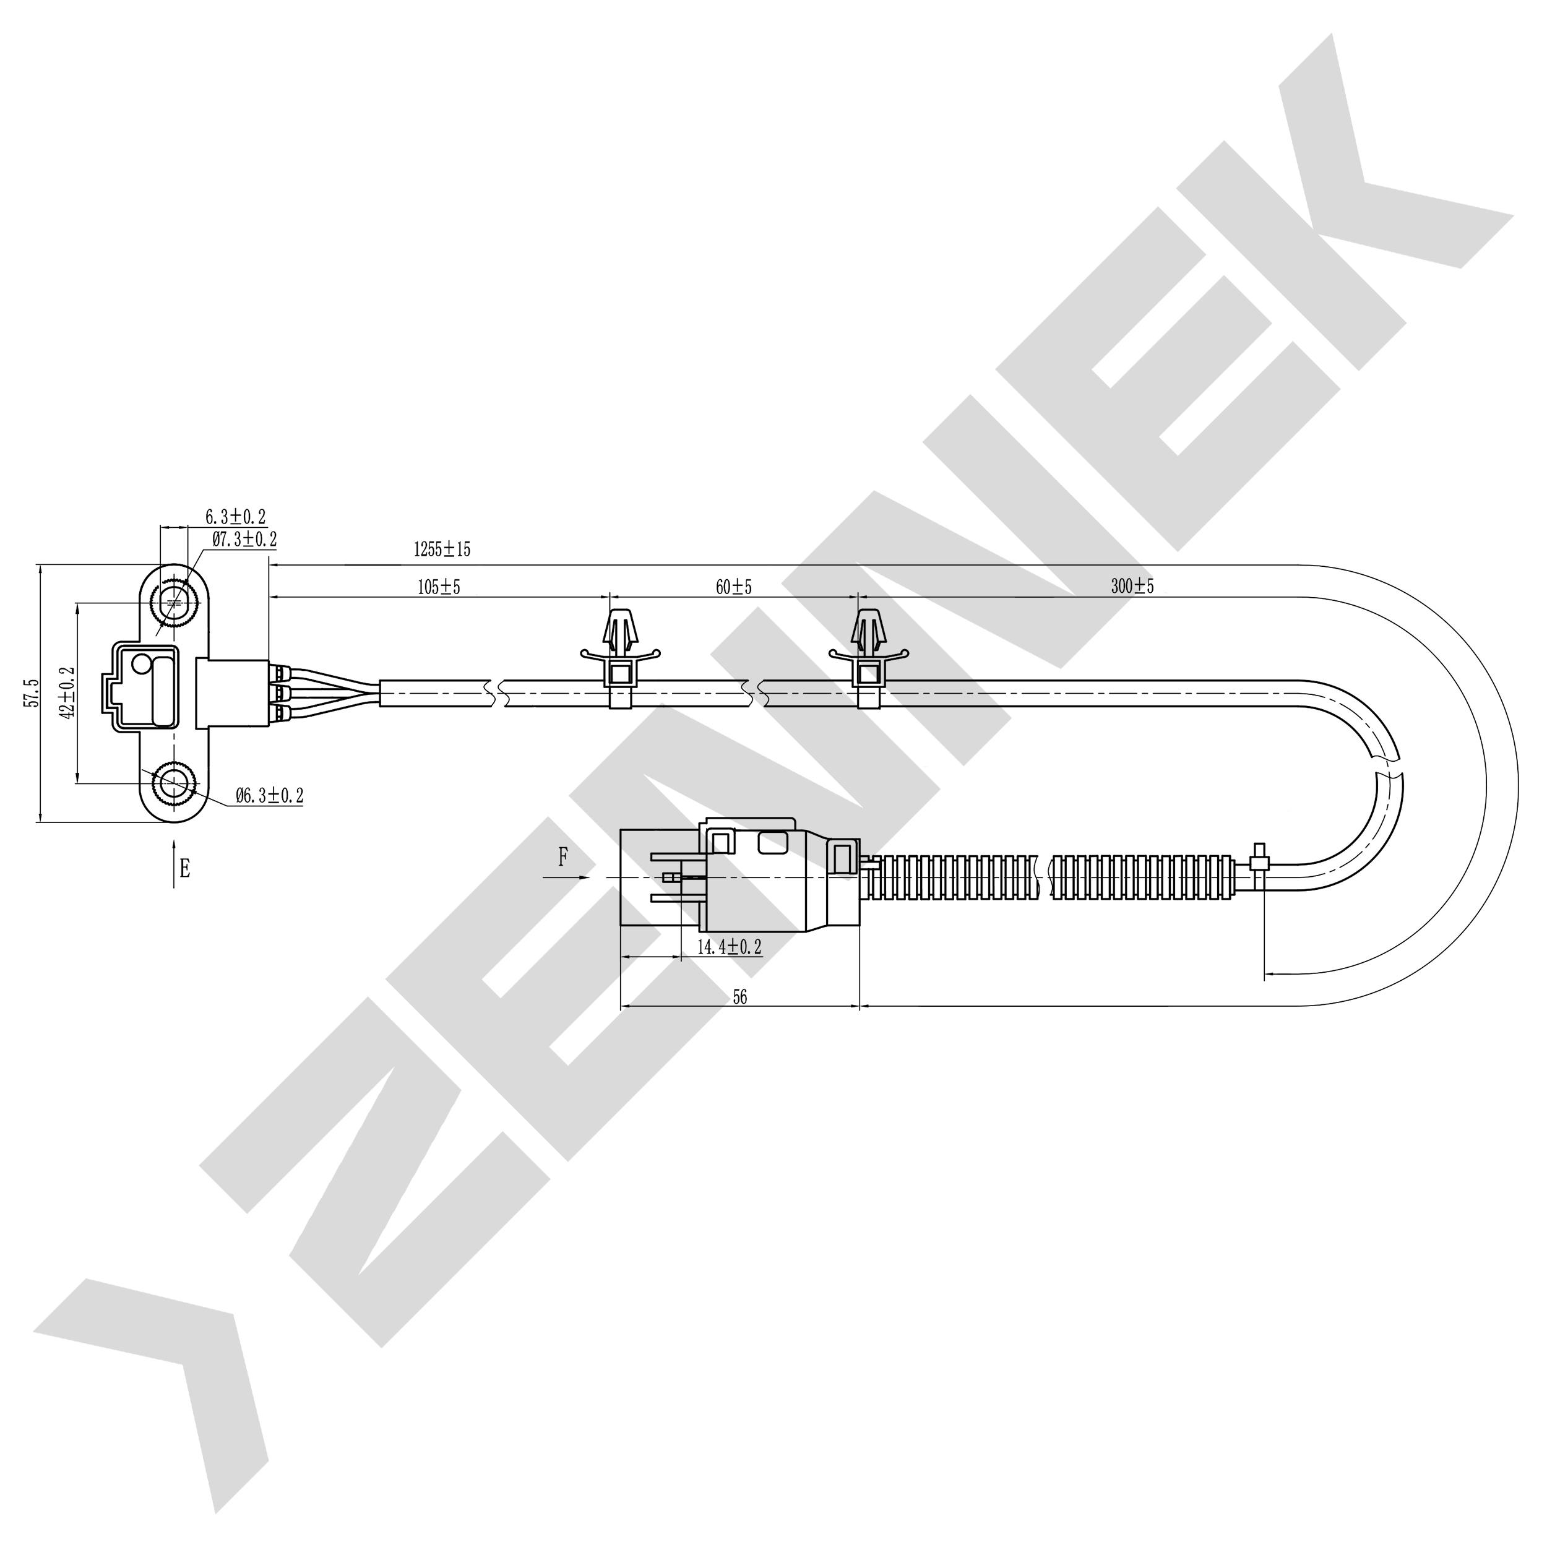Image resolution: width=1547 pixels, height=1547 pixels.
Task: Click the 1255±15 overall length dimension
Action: click(x=441, y=549)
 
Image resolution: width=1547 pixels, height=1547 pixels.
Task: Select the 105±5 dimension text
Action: click(x=439, y=587)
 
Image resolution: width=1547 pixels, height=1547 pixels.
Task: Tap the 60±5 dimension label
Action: click(x=733, y=587)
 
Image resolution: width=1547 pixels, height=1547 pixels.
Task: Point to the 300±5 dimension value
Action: click(x=1132, y=586)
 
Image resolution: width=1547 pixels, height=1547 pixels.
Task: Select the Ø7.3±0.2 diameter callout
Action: click(x=244, y=539)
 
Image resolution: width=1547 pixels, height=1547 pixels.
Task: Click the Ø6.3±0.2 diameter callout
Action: click(x=270, y=795)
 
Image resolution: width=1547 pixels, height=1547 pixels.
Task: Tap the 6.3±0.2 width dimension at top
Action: click(x=235, y=517)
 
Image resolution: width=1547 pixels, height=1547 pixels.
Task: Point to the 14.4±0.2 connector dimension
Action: click(x=729, y=947)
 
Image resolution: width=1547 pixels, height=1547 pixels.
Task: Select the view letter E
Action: click(x=185, y=869)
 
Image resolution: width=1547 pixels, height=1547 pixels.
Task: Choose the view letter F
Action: click(x=563, y=858)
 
